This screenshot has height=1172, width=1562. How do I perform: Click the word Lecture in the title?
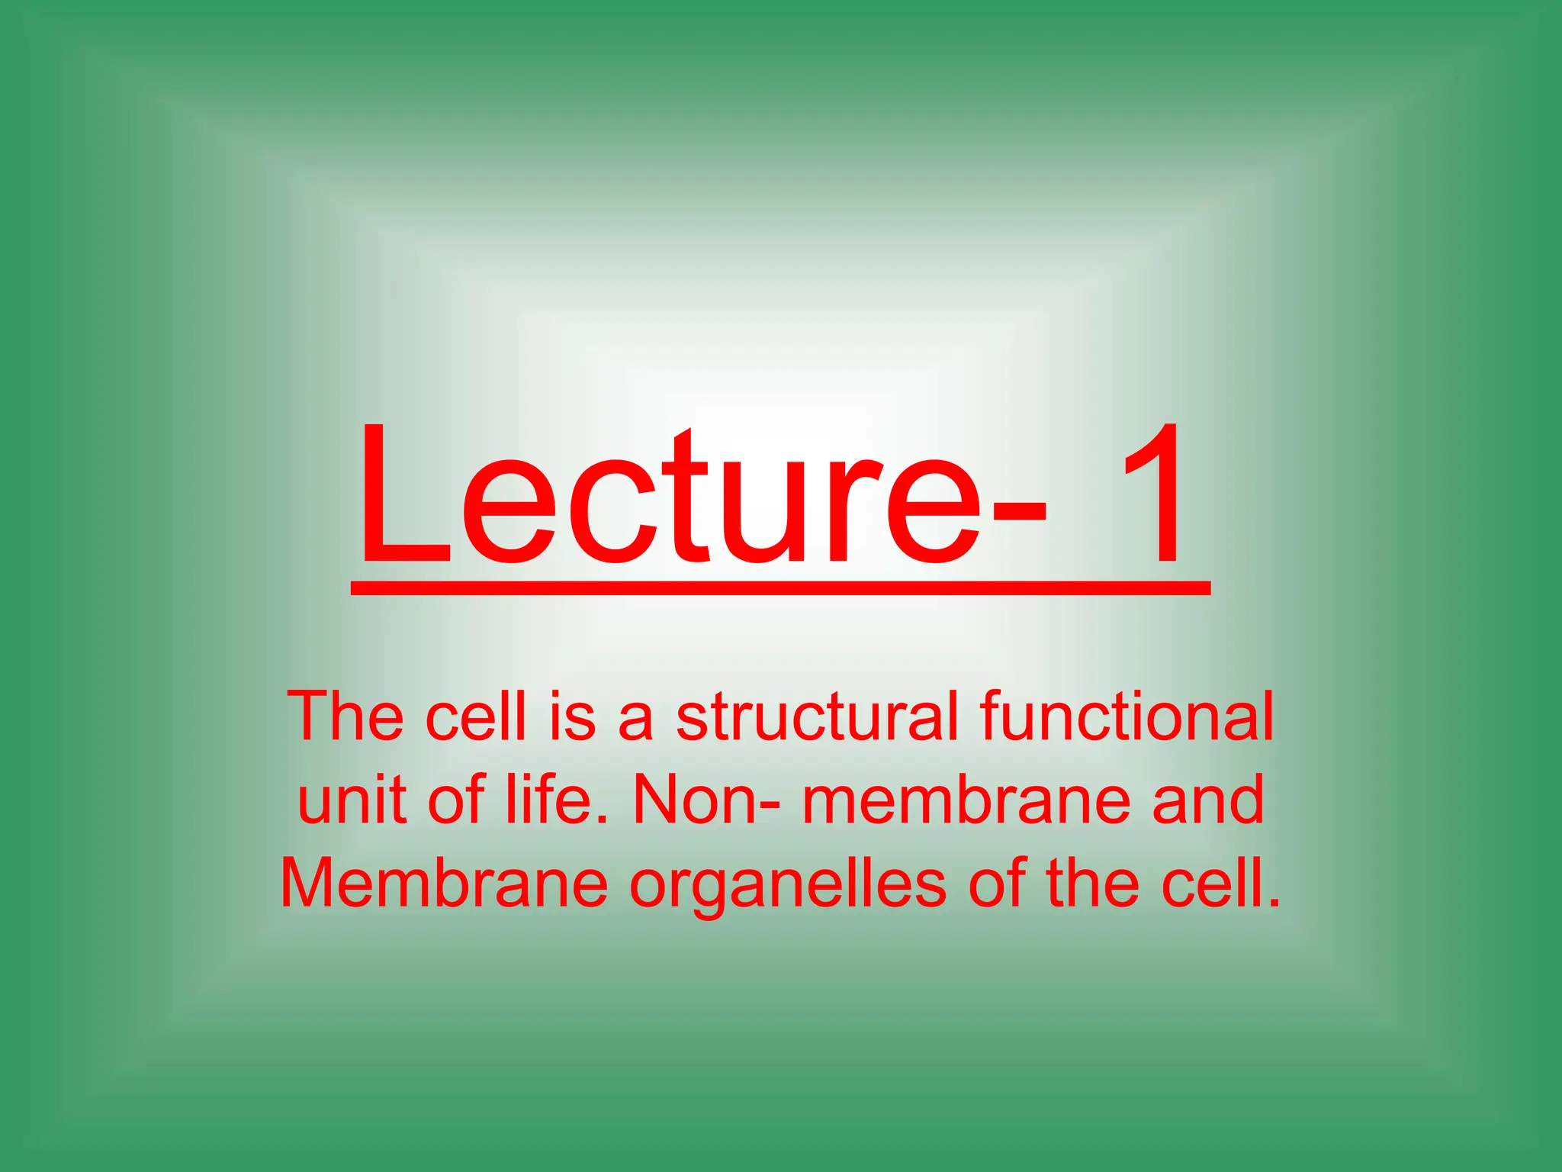(667, 500)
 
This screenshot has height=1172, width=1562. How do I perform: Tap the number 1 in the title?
(1152, 496)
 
